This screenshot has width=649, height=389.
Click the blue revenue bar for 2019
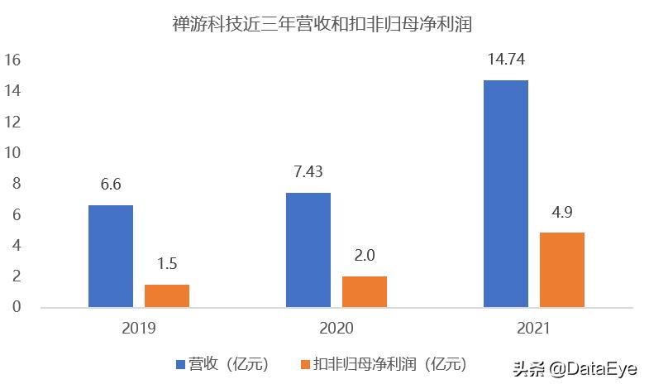pyautogui.click(x=111, y=256)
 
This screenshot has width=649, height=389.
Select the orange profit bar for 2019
pyautogui.click(x=167, y=295)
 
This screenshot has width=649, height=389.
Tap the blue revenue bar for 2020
pyautogui.click(x=308, y=250)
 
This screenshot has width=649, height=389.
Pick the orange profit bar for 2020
pyautogui.click(x=365, y=291)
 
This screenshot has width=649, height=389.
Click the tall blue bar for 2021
pyautogui.click(x=506, y=194)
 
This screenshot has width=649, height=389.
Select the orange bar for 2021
pyautogui.click(x=562, y=270)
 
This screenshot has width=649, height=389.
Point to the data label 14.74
pyautogui.click(x=506, y=60)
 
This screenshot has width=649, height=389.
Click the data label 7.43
pyautogui.click(x=308, y=173)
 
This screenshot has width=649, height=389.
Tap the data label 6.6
pyautogui.click(x=111, y=185)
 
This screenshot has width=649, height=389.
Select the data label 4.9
pyautogui.click(x=562, y=213)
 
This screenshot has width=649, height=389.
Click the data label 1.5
pyautogui.click(x=167, y=265)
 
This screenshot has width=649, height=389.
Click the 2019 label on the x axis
pyautogui.click(x=139, y=328)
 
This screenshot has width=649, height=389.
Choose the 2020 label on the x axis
pyautogui.click(x=336, y=328)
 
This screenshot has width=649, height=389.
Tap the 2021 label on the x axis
pyautogui.click(x=534, y=328)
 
